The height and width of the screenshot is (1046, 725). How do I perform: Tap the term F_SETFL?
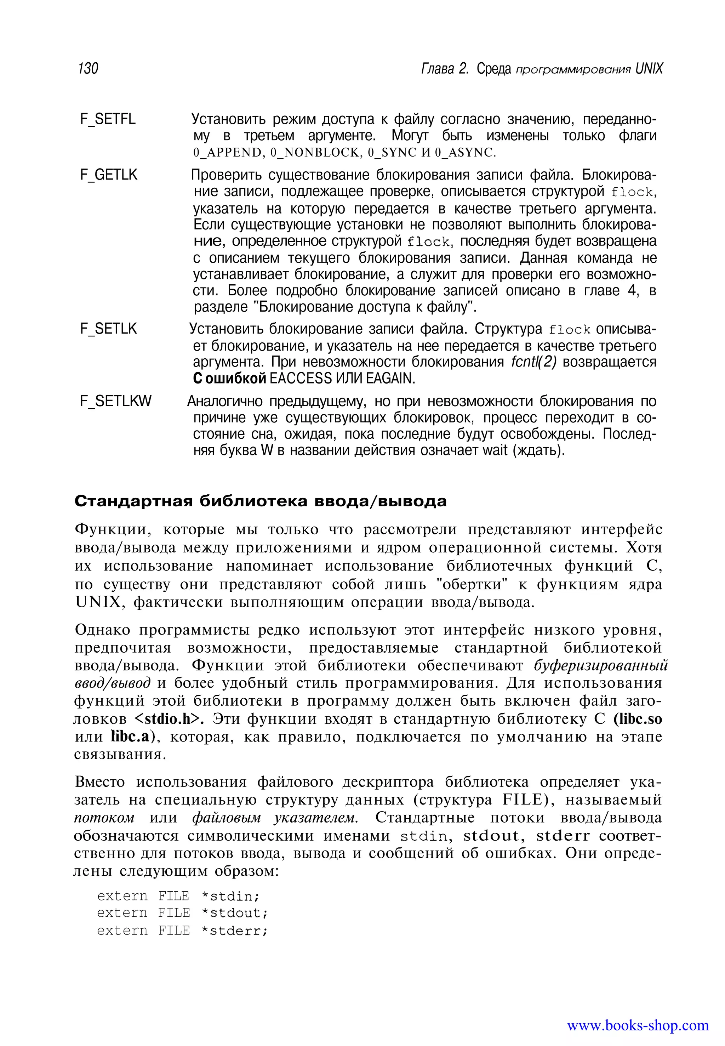click(108, 119)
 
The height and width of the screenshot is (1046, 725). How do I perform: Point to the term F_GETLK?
click(109, 175)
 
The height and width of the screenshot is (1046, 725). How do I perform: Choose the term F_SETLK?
click(108, 329)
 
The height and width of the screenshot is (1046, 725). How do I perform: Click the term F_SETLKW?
click(115, 401)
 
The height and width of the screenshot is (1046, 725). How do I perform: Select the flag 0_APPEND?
click(228, 153)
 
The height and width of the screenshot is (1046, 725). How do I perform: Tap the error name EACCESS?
click(300, 379)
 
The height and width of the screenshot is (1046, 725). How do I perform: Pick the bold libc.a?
click(130, 737)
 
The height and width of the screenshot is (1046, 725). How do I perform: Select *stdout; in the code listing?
click(234, 913)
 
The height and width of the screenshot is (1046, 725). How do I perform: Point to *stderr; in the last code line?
click(234, 931)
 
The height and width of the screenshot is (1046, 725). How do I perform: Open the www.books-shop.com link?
click(637, 1025)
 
